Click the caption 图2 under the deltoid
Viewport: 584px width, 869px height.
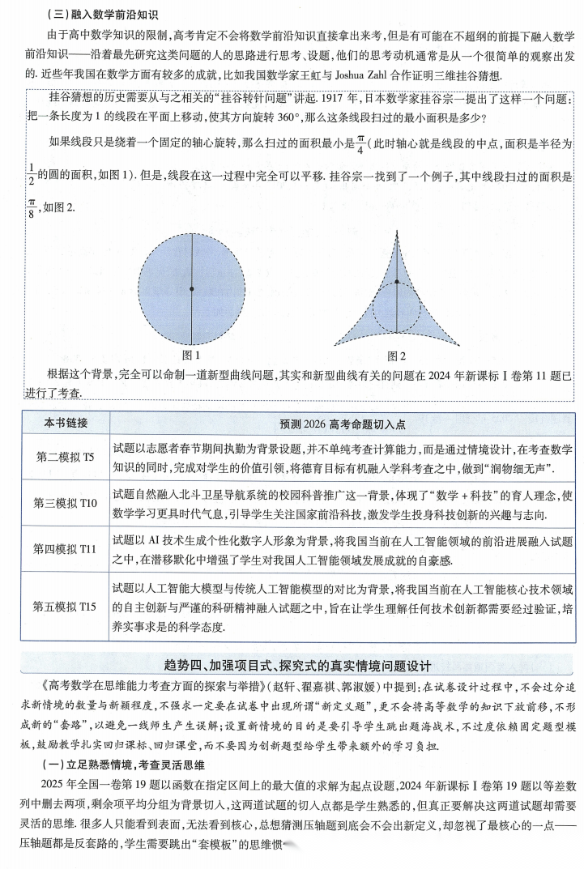(396, 356)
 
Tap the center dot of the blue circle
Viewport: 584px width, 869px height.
(191, 288)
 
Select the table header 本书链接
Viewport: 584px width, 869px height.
(66, 424)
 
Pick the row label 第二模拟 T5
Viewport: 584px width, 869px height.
(66, 457)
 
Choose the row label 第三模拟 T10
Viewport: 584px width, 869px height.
(66, 503)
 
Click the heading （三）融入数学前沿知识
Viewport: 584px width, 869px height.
(92, 14)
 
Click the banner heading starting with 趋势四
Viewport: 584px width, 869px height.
(298, 666)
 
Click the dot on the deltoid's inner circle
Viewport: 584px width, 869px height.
(397, 283)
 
